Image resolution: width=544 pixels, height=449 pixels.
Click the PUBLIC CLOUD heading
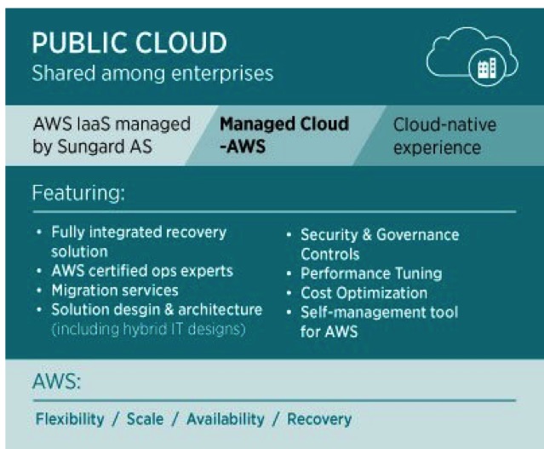[129, 43]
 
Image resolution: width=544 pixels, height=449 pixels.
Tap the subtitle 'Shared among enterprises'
[152, 74]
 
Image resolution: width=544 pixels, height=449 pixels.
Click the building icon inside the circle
[487, 68]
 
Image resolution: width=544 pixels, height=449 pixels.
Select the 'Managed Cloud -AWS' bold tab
[284, 135]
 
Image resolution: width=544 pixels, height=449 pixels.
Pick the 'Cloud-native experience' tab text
[444, 135]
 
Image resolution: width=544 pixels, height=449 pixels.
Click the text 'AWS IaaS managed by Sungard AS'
[112, 135]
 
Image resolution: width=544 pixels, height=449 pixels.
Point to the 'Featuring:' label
[78, 193]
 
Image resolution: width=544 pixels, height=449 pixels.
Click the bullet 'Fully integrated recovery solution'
[139, 242]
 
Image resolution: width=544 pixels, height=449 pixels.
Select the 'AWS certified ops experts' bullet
[142, 271]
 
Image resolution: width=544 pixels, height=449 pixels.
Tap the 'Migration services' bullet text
[115, 291]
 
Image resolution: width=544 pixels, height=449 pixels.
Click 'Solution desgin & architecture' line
[157, 310]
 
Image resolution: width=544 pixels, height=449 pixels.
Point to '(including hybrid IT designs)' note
[148, 329]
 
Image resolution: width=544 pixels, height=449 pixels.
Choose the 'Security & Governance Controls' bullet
[380, 245]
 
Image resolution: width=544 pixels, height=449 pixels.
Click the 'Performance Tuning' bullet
[371, 273]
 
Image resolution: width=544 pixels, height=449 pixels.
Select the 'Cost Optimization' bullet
[364, 293]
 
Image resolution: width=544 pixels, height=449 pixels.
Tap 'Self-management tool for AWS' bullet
[379, 322]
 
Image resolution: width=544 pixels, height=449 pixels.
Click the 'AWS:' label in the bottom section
[56, 382]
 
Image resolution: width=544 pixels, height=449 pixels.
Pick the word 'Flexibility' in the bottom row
[70, 419]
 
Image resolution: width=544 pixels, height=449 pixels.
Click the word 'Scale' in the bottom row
[145, 419]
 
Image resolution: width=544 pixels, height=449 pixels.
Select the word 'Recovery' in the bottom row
[319, 419]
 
